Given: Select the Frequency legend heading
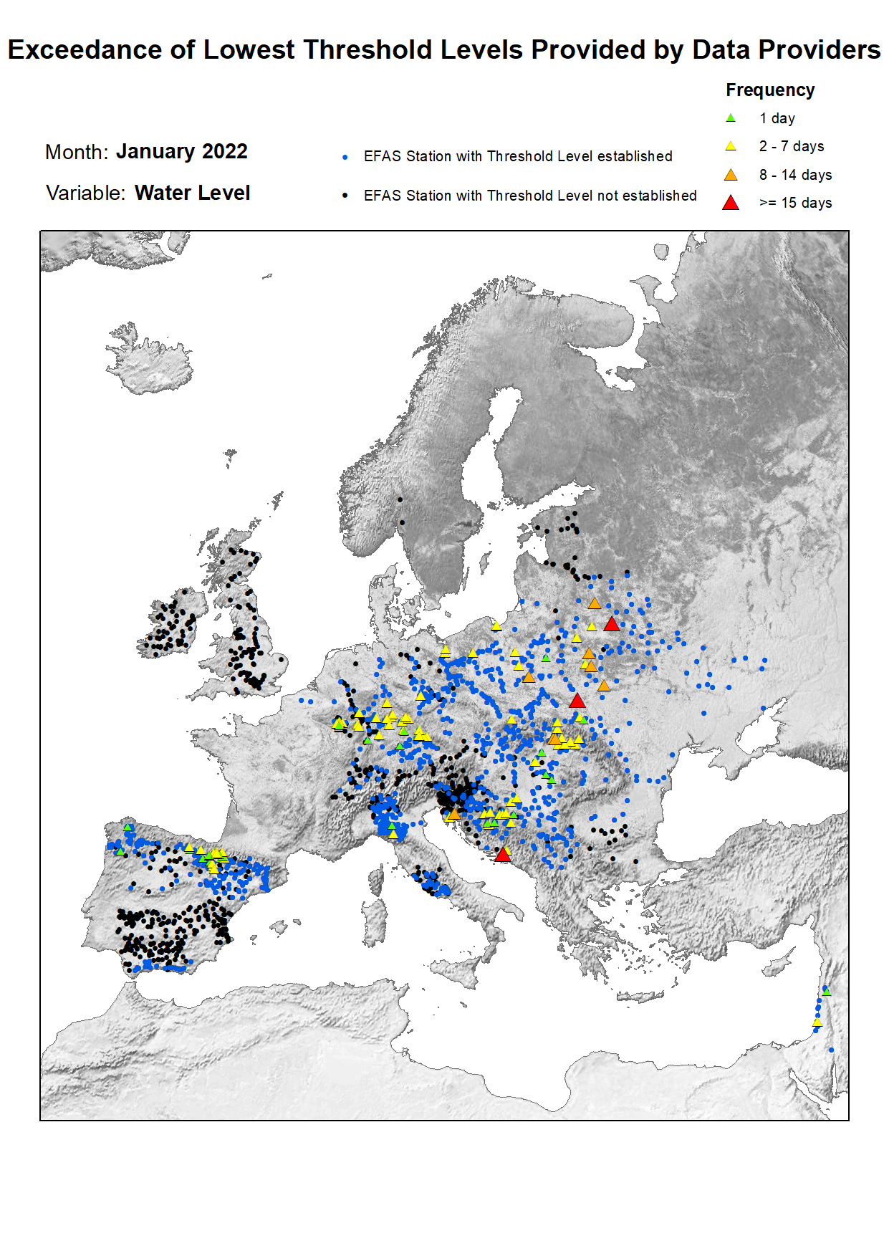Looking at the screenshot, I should click(770, 90).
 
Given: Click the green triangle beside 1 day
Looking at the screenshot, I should click(731, 118).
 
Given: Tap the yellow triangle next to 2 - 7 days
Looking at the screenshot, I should click(731, 146).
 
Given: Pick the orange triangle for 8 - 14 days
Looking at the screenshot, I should click(731, 175).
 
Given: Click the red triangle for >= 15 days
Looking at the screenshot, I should click(731, 203).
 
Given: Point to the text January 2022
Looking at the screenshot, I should click(182, 152).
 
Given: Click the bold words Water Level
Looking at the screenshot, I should click(192, 193).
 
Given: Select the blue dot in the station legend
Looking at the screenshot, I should click(345, 157).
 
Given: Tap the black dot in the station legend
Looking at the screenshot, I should click(345, 196).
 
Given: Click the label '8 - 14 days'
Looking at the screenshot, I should click(795, 176).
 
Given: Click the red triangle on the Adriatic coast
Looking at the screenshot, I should click(503, 855).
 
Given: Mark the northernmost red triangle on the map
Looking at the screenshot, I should click(611, 624).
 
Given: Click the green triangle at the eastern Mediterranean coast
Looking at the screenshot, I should click(827, 992).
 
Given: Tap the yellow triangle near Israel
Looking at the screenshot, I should click(817, 1022).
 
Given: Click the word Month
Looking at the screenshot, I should click(75, 153).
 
